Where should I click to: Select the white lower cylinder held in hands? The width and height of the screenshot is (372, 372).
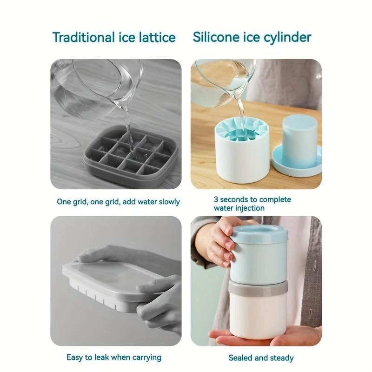click(258, 316)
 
